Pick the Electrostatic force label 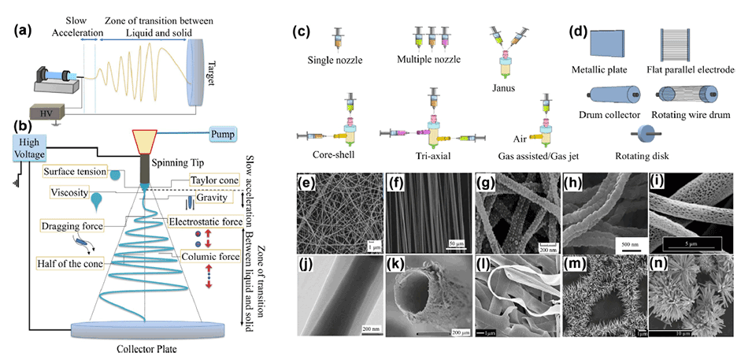207,223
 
